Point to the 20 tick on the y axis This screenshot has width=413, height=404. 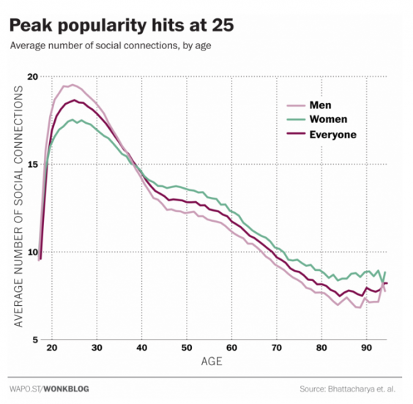31,77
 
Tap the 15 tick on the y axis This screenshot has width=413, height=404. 31,165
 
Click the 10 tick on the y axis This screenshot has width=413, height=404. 31,252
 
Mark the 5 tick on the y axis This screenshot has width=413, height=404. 34,340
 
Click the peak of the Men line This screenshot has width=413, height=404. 72,85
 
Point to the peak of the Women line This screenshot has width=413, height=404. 72,120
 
